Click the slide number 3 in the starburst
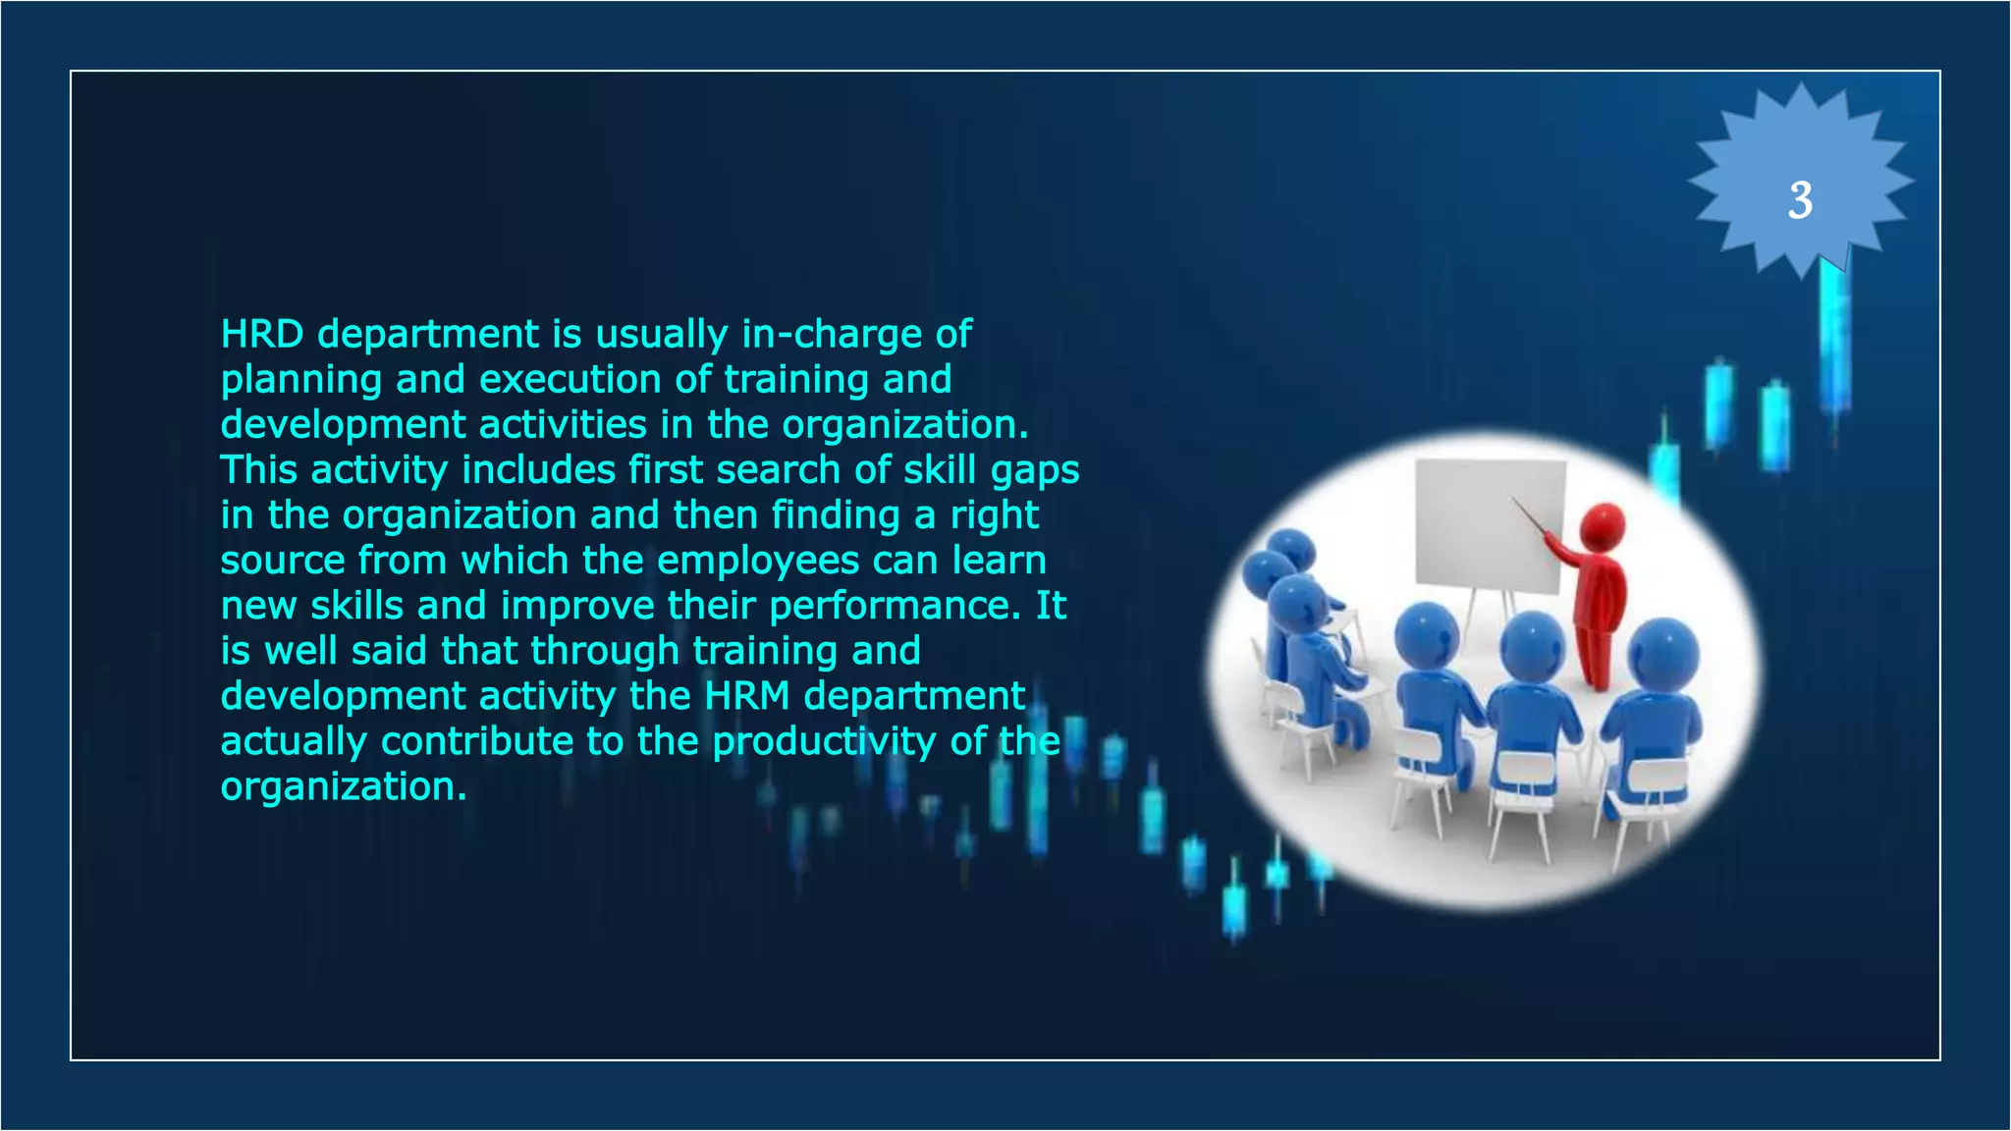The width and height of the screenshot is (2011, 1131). click(1799, 200)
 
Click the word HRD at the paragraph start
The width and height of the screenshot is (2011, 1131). click(262, 335)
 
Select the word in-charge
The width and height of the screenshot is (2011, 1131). click(832, 335)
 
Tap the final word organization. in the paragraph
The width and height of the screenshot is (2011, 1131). click(344, 787)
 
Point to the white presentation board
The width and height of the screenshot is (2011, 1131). click(1489, 525)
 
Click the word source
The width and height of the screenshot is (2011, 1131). click(283, 562)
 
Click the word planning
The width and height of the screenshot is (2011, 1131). click(301, 381)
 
